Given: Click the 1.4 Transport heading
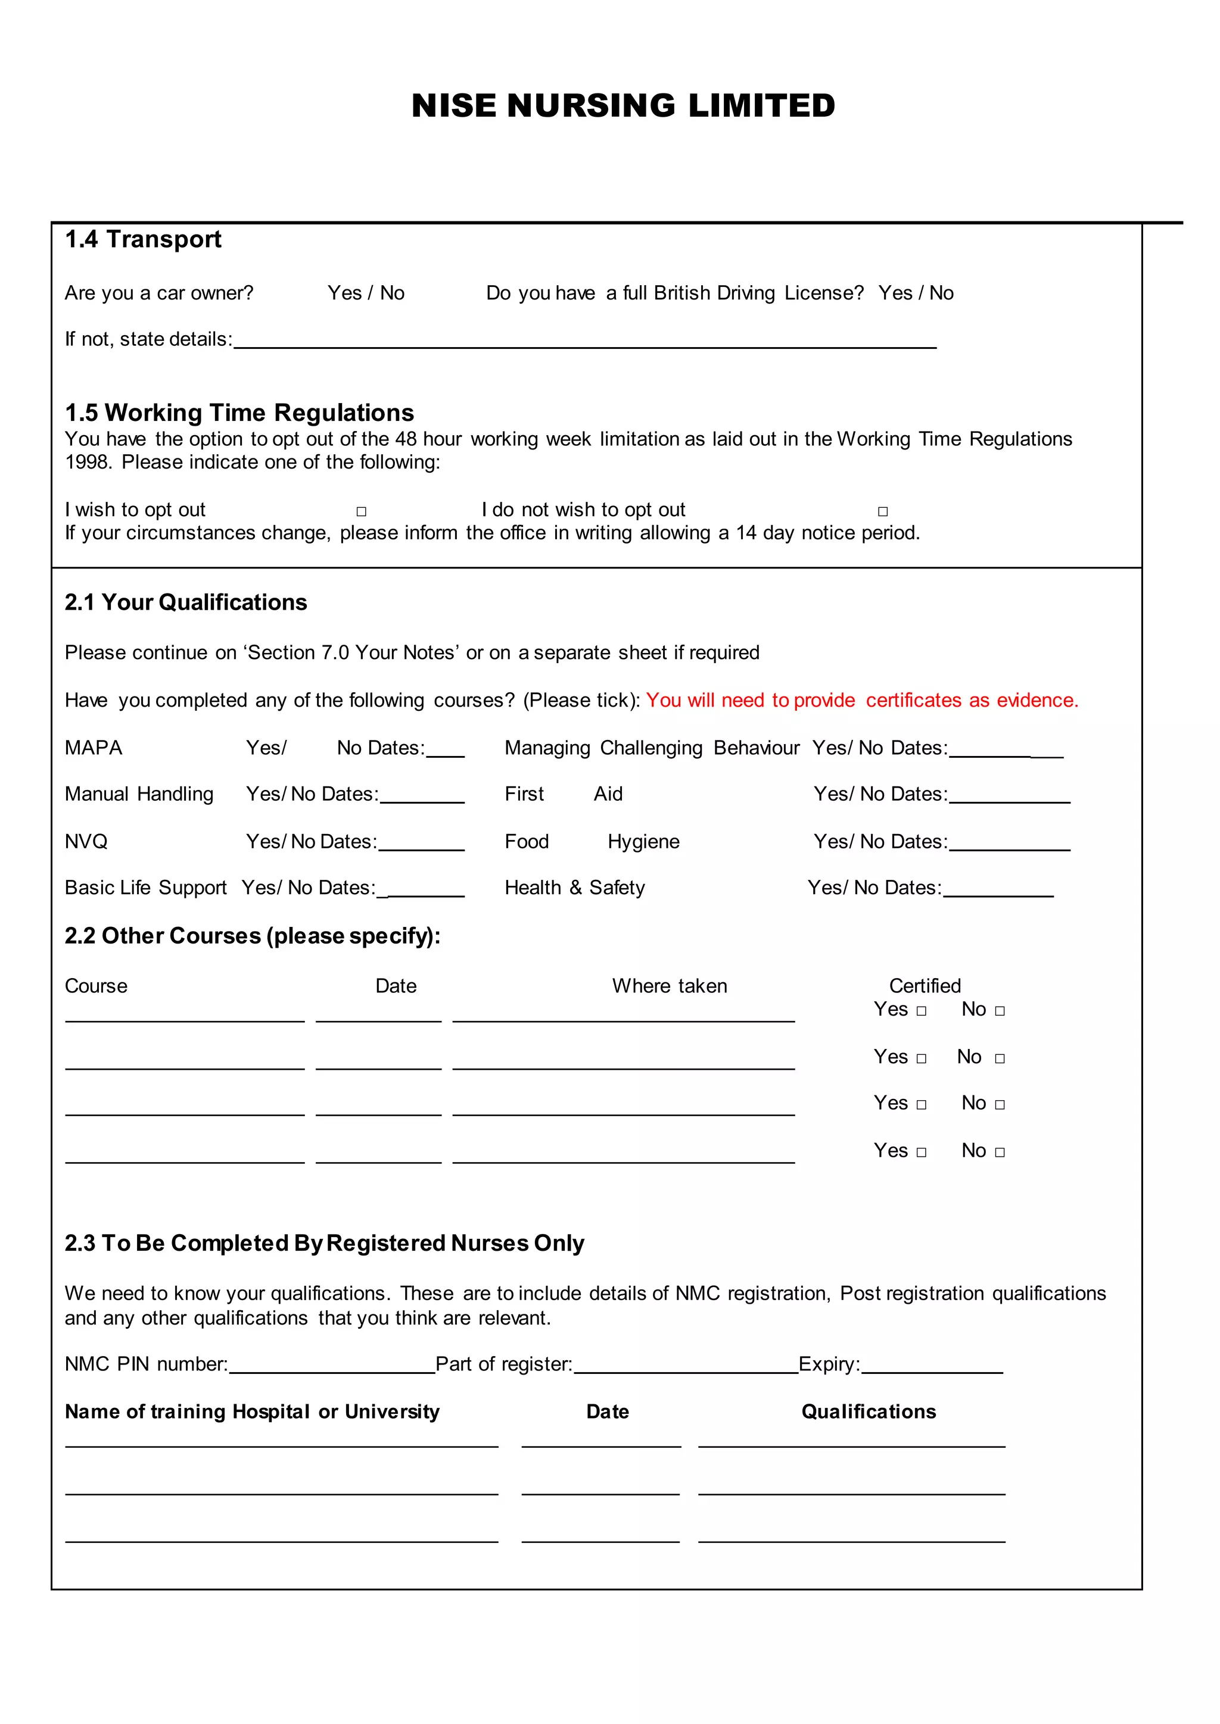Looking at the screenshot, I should coord(143,239).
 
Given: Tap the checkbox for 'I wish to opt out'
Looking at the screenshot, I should coord(362,511).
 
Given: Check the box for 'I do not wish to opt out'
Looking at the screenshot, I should coord(883,511).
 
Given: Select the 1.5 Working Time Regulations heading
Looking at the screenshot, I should coord(239,412).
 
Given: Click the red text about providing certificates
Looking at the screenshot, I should coord(861,700).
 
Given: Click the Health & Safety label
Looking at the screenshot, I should coord(575,888).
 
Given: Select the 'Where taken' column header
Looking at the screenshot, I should coord(670,986).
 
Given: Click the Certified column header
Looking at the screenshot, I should coord(925,986).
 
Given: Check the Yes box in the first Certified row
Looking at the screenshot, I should coord(922,1011).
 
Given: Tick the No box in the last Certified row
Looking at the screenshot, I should coord(1000,1152).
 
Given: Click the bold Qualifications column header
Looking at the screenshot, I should coord(869,1411).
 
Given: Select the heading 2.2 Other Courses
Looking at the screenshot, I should coord(253,936).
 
